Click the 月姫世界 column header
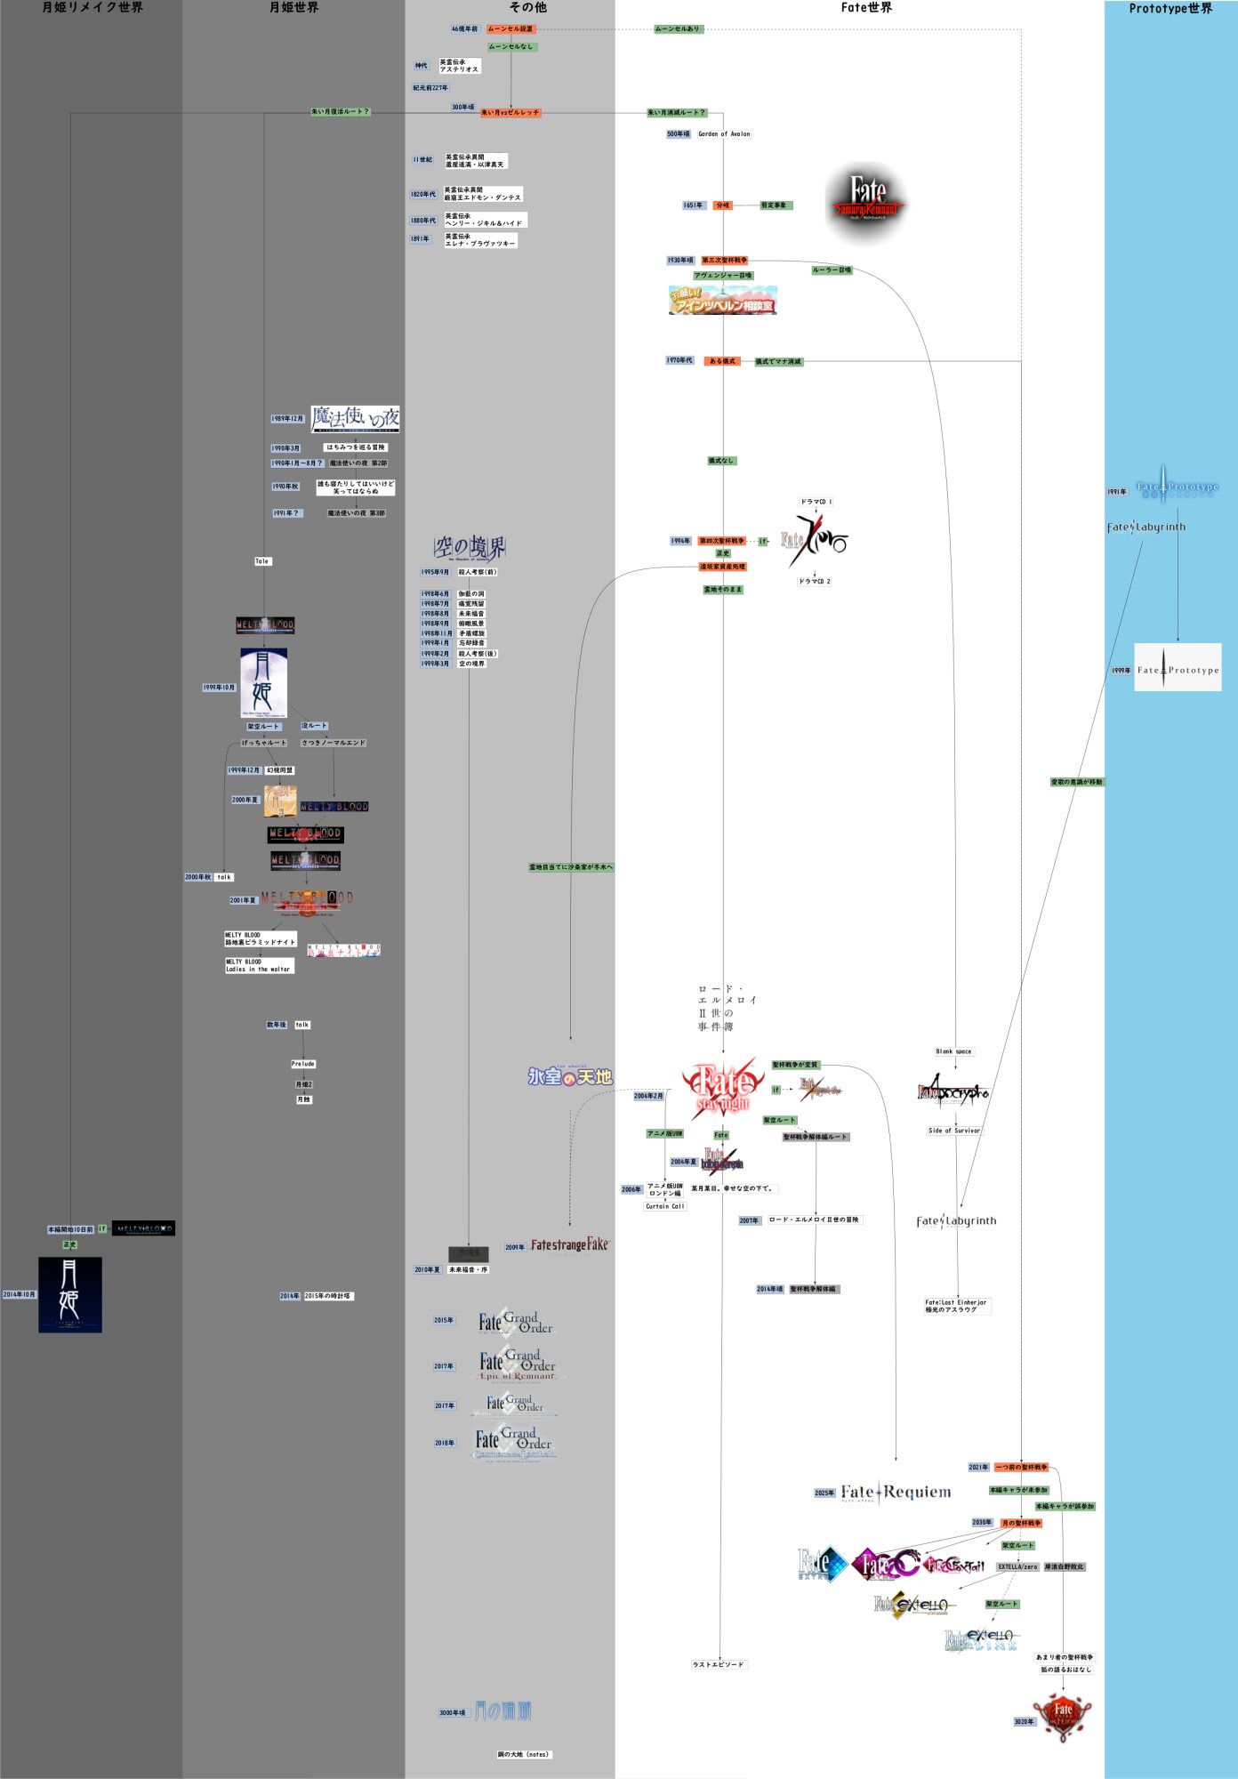(x=293, y=8)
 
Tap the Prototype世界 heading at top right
(x=1170, y=9)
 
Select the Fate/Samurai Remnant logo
(x=866, y=203)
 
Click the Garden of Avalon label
(x=724, y=134)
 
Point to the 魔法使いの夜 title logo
(x=355, y=418)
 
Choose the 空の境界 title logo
(x=470, y=548)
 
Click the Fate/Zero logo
(x=815, y=540)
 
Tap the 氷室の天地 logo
(x=570, y=1076)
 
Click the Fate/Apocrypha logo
(x=953, y=1092)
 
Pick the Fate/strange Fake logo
(x=569, y=1245)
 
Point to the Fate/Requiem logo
(x=896, y=1493)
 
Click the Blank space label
(x=953, y=1051)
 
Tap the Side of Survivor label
(x=954, y=1131)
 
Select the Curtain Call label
(x=665, y=1206)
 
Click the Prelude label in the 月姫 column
(x=303, y=1064)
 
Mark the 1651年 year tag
(x=693, y=205)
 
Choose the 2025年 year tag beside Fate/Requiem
(x=824, y=1493)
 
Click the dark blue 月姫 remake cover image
(x=70, y=1295)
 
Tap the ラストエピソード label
(x=719, y=1664)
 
